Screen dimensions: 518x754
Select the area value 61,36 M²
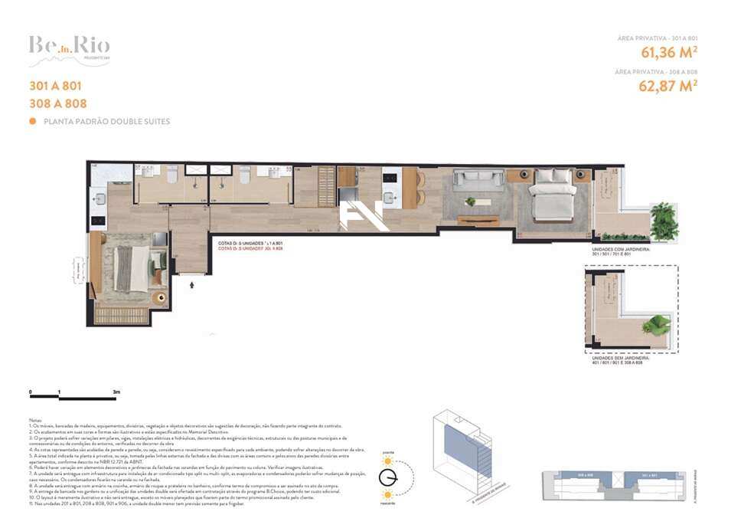click(668, 53)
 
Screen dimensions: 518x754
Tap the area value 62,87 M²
click(668, 86)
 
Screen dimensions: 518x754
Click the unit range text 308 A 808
click(57, 103)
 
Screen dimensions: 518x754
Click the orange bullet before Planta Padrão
click(32, 122)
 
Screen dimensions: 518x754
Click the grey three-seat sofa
click(478, 180)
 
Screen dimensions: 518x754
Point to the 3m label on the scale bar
click(116, 392)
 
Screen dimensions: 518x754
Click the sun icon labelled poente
click(387, 461)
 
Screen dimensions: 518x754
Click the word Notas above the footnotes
click(35, 421)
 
